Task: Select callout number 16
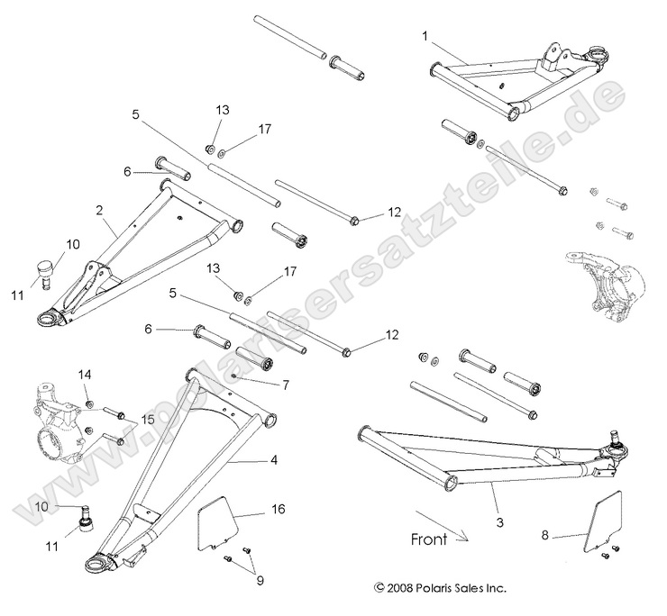[277, 510]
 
